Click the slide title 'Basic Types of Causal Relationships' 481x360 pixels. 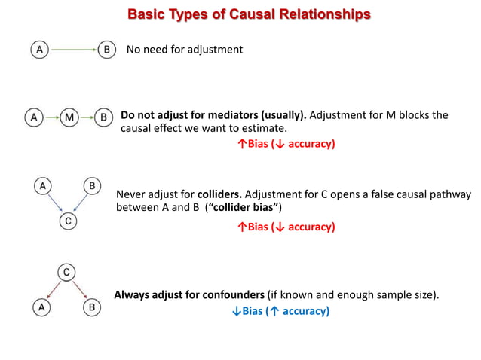[249, 14]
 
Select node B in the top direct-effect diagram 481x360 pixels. [107, 50]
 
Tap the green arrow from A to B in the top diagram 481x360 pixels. [72, 50]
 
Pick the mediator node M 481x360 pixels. [69, 117]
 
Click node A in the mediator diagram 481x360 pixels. [33, 117]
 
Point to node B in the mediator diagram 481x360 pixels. [105, 117]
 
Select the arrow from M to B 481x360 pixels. [87, 117]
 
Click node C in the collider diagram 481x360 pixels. [68, 221]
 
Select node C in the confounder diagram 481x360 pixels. [67, 271]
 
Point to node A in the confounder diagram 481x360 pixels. [43, 307]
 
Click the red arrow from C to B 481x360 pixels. [79, 288]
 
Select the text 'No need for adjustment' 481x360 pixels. [184, 50]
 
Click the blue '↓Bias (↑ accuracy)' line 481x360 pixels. [280, 310]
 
